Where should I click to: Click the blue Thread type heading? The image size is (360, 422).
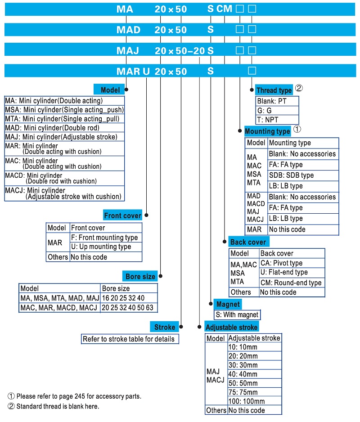(274, 90)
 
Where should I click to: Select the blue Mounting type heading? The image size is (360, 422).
(267, 131)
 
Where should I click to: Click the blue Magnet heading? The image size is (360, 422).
(228, 304)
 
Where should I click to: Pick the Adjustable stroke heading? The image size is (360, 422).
(231, 327)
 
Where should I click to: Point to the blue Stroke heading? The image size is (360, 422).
(164, 327)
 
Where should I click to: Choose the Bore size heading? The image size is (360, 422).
(140, 276)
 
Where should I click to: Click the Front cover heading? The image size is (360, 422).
(122, 215)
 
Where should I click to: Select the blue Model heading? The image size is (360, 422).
(110, 90)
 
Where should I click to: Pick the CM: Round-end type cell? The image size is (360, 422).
(292, 283)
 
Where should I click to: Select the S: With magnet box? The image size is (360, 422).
(237, 314)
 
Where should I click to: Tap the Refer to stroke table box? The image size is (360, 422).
(130, 339)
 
